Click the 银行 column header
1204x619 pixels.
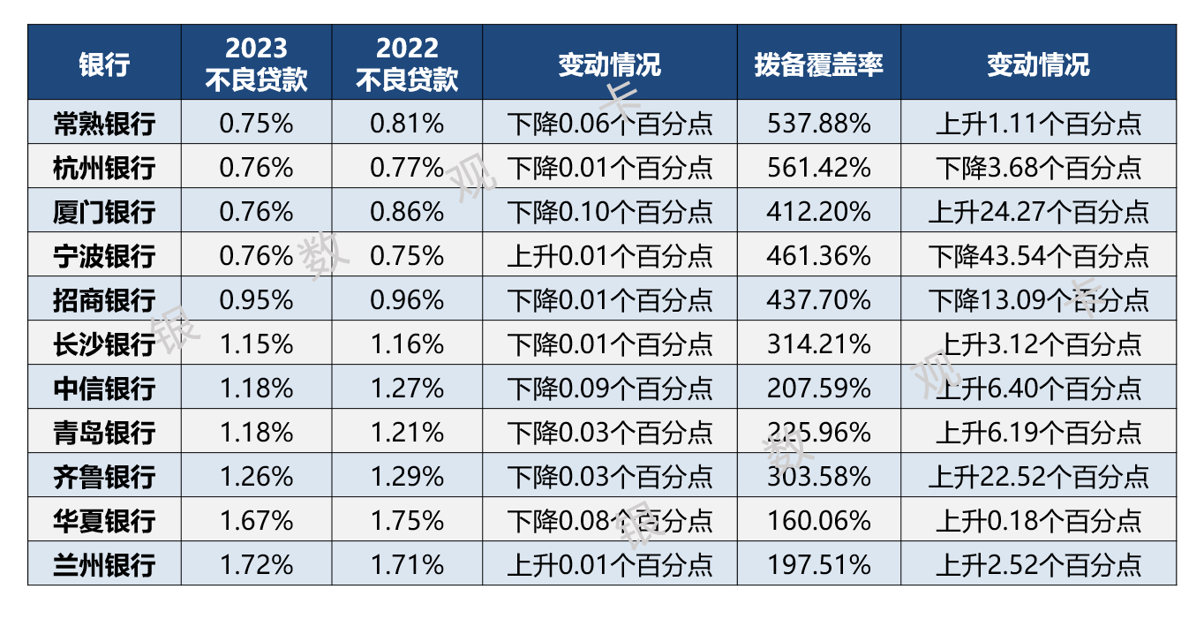(104, 64)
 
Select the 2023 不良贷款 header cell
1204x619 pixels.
(256, 64)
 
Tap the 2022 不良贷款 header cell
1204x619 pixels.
(407, 64)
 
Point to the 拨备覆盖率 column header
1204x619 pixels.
(818, 64)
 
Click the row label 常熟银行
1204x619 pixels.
(104, 123)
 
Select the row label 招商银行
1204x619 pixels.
(104, 299)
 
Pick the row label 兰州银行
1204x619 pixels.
(104, 564)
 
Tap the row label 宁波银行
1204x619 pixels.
(104, 255)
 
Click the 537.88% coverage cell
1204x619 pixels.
(818, 123)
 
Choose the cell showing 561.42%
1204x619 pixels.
(818, 167)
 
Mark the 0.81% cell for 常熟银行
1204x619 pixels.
(407, 123)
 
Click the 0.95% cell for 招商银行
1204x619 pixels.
(256, 299)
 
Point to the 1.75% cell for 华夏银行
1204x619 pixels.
(407, 520)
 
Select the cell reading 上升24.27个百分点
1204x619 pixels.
(1038, 211)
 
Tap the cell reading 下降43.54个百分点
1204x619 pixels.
(1038, 255)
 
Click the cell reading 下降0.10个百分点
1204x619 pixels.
(609, 211)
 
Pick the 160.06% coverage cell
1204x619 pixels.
(818, 520)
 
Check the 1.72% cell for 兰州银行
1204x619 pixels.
(256, 564)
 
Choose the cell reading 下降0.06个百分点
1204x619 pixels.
(609, 123)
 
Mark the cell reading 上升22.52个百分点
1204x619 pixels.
(1038, 476)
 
